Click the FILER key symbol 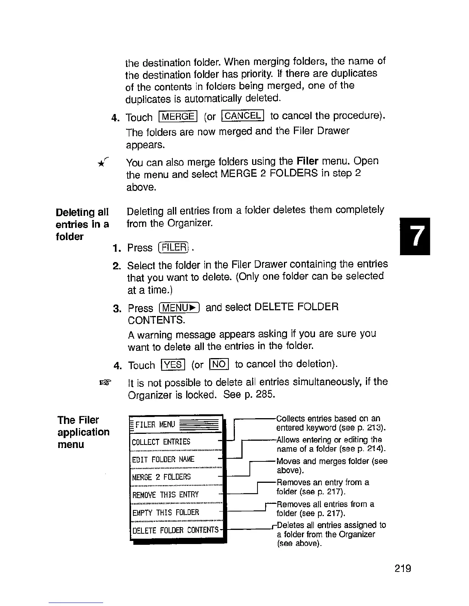click(174, 248)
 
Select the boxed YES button click(173, 365)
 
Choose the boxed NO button click(219, 364)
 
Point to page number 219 click(402, 569)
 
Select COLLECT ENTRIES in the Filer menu click(161, 442)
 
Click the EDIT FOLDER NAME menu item click(163, 459)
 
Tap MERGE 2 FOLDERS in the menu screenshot click(161, 477)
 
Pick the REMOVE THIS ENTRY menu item click(165, 495)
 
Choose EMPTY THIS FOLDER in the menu click(166, 512)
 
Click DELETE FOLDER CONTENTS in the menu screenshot click(175, 530)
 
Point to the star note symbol click(101, 163)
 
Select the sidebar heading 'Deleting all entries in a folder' click(82, 224)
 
